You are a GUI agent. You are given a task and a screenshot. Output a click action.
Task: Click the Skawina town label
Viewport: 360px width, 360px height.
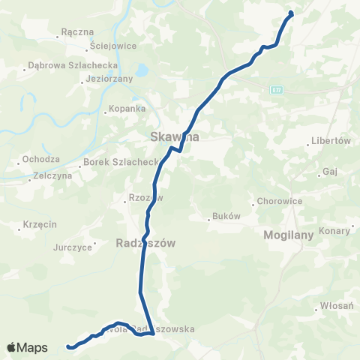pos(174,137)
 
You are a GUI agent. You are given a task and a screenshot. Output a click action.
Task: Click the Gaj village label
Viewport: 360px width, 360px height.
pos(329,172)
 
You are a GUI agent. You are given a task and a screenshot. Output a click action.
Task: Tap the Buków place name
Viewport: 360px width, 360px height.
pos(226,217)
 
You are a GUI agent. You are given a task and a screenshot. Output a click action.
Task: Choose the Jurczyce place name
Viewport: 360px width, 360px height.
pos(73,246)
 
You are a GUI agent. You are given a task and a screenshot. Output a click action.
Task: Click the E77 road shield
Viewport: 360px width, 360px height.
pos(277,90)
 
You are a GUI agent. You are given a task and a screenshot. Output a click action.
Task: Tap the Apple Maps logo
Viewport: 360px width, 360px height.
pos(27,347)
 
